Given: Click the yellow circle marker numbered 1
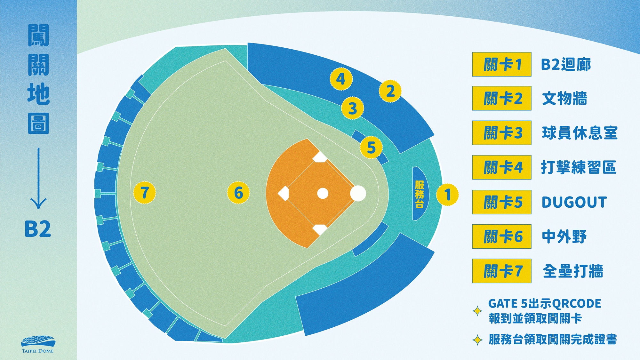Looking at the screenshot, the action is tap(447, 195).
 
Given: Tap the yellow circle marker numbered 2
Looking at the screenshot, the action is tap(390, 91).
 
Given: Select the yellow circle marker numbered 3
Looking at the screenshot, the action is tap(353, 108).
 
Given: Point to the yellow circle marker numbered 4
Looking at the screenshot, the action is tap(341, 79).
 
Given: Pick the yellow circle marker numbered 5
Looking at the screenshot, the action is tap(371, 148).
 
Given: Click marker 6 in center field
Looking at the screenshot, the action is tap(238, 193).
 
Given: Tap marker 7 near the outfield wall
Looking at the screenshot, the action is tap(145, 193).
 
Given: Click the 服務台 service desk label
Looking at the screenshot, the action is tap(420, 194).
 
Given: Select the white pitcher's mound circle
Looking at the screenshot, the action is tap(323, 193).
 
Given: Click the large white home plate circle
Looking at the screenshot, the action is tap(358, 193).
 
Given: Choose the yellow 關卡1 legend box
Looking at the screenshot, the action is tap(502, 64).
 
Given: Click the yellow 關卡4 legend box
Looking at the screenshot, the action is tap(502, 167).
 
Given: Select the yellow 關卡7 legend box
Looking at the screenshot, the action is tap(502, 271).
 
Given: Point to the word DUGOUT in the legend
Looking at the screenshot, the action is tap(574, 202).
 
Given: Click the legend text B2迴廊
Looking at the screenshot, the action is tap(566, 64).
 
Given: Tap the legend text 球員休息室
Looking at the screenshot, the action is tap(580, 133).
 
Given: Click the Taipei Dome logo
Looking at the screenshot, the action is tap(38, 344).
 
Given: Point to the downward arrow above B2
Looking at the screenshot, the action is tap(38, 178).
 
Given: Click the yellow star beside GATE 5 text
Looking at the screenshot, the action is tap(477, 311).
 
